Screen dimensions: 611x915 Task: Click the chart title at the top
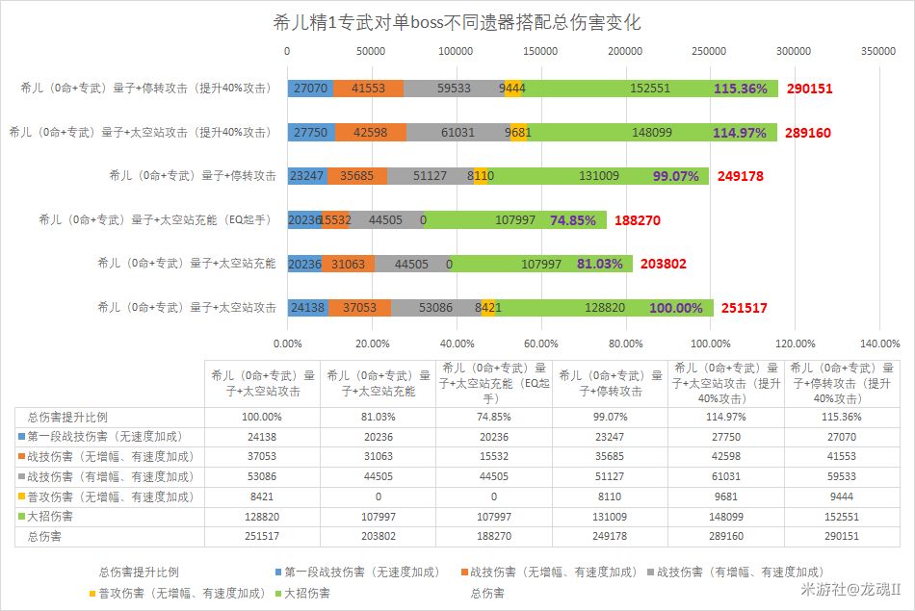pyautogui.click(x=457, y=22)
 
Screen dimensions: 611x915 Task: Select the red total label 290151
pyautogui.click(x=809, y=89)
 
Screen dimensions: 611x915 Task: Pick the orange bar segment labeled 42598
pyautogui.click(x=370, y=133)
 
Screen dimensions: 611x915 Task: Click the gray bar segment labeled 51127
pyautogui.click(x=430, y=176)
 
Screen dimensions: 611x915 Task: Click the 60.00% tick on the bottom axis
pyautogui.click(x=541, y=343)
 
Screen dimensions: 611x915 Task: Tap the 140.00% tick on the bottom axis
pyautogui.click(x=879, y=343)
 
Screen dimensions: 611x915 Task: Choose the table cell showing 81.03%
pyautogui.click(x=378, y=417)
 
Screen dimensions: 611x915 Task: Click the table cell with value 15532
pyautogui.click(x=494, y=456)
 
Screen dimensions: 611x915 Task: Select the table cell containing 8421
pyautogui.click(x=261, y=496)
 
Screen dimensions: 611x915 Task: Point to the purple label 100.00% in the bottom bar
pyautogui.click(x=677, y=307)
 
